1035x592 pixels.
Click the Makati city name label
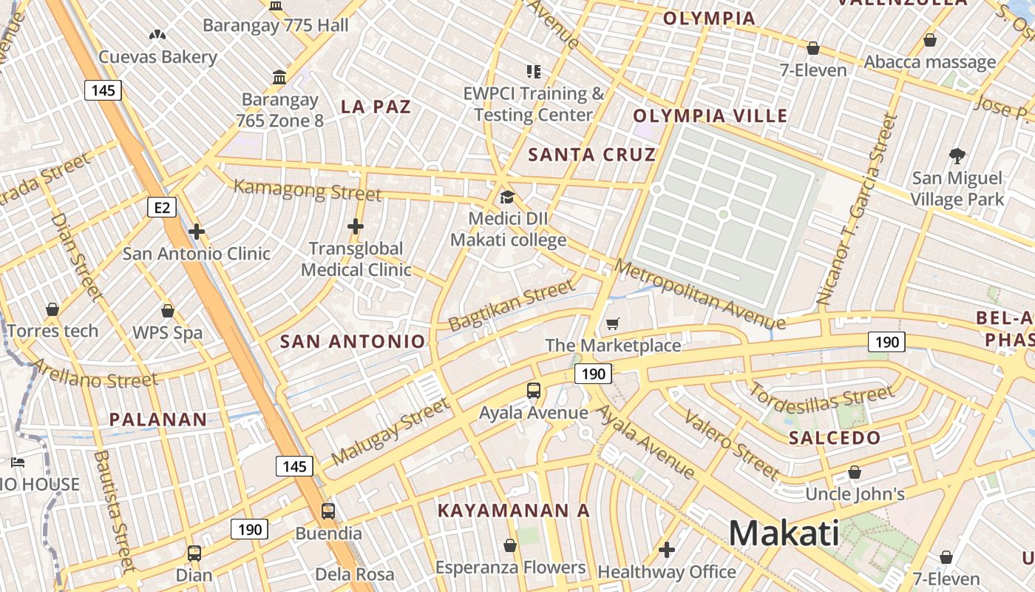click(x=784, y=533)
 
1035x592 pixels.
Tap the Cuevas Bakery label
click(x=158, y=57)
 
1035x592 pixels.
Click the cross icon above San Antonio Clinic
click(x=196, y=232)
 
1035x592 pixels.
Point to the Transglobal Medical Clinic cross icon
click(x=356, y=226)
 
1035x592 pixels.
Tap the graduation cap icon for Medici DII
click(x=506, y=197)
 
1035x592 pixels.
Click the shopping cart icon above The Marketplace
click(x=612, y=323)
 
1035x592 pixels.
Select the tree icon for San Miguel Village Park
click(x=957, y=155)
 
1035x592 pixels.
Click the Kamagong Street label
click(x=308, y=190)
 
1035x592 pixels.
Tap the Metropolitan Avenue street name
click(x=699, y=294)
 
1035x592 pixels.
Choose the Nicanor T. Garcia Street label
click(x=855, y=210)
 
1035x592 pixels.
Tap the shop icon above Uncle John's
click(x=855, y=471)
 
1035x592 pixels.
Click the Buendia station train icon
click(x=328, y=511)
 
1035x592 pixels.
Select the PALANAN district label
click(x=158, y=420)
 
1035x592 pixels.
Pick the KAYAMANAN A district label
click(x=514, y=511)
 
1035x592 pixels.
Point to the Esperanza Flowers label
click(x=510, y=568)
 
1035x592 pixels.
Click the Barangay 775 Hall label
click(x=275, y=25)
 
